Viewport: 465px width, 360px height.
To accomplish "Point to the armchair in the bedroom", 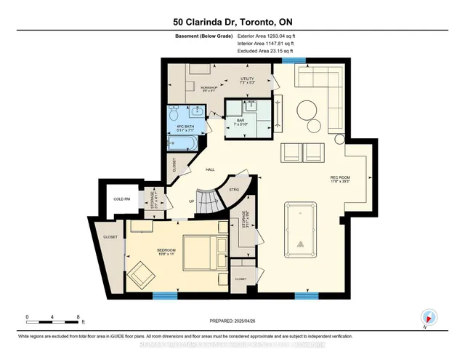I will click(x=139, y=274).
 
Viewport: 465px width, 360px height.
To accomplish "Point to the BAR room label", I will click(x=250, y=121).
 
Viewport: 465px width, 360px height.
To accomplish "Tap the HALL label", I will click(x=210, y=169).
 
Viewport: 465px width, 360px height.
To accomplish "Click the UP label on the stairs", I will click(x=191, y=201).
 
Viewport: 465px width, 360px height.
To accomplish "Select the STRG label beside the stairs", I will click(x=234, y=191).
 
